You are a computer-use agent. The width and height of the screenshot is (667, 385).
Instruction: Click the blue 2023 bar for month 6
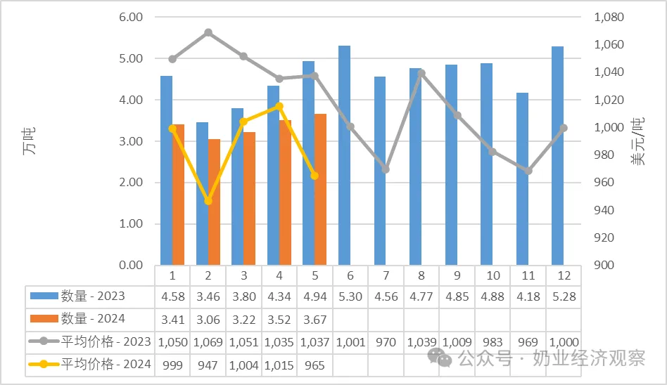(x=344, y=155)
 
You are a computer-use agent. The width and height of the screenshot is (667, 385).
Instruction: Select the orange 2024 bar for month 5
(x=320, y=189)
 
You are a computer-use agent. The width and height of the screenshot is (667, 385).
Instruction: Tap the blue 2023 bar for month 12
(x=558, y=155)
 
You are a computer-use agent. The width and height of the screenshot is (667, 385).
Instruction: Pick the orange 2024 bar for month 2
(x=214, y=202)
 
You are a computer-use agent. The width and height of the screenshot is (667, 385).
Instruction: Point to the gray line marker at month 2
(x=208, y=32)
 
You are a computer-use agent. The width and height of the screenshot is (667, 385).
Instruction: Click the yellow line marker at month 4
(x=279, y=106)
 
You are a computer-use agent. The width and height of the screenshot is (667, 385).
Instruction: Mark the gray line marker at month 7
(x=386, y=169)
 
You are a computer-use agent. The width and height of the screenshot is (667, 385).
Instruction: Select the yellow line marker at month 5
(x=315, y=176)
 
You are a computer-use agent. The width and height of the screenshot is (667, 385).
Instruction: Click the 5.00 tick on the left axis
(x=131, y=58)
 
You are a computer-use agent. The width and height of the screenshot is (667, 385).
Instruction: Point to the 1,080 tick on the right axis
(x=609, y=17)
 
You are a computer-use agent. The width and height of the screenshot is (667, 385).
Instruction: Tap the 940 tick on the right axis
(x=604, y=210)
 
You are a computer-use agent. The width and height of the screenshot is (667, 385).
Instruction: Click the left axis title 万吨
(x=30, y=141)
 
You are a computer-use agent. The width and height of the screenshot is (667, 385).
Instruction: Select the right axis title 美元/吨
(x=637, y=141)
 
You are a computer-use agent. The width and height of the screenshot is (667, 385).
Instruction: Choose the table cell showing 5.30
(x=350, y=296)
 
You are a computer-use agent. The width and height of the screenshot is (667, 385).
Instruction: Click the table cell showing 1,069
(x=208, y=342)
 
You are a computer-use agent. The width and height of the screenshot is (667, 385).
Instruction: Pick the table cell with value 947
(x=208, y=365)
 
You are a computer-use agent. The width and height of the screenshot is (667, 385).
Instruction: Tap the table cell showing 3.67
(x=315, y=319)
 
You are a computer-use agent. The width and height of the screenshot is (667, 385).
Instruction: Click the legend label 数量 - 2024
(x=93, y=319)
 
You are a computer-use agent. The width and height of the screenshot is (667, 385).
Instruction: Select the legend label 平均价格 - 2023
(x=106, y=341)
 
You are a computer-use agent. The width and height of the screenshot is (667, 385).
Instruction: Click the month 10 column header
(x=493, y=276)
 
